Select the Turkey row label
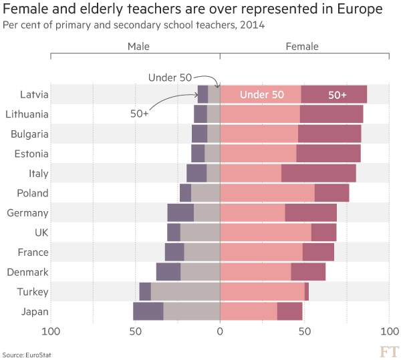click(33, 292)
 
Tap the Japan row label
click(35, 311)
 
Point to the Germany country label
click(28, 213)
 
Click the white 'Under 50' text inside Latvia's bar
click(262, 95)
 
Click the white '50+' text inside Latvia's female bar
click(338, 95)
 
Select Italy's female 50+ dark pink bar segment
click(318, 174)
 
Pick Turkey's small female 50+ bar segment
click(307, 292)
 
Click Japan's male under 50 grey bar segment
click(191, 311)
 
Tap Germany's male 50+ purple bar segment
click(180, 213)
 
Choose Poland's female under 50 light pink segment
click(267, 193)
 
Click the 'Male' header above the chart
click(138, 47)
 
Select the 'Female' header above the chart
click(302, 47)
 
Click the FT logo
click(389, 351)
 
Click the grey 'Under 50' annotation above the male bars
click(170, 77)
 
